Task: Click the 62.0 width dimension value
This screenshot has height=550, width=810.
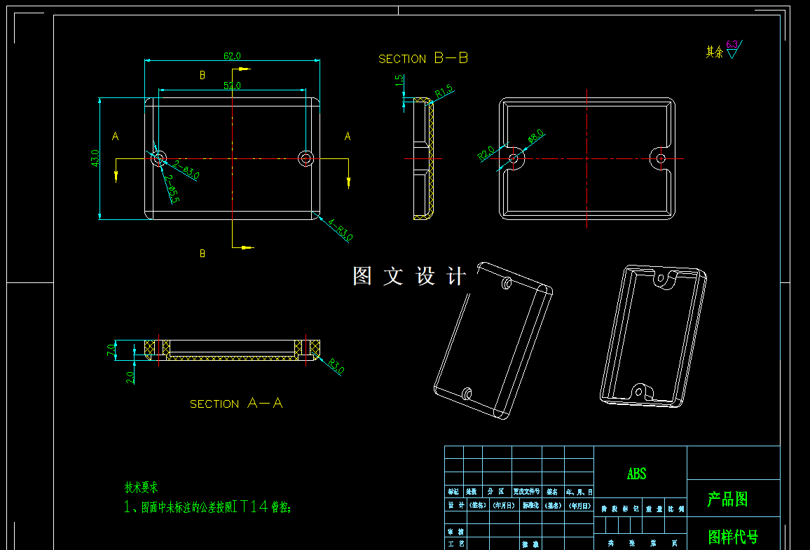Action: tap(232, 55)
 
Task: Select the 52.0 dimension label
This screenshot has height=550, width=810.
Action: tap(232, 85)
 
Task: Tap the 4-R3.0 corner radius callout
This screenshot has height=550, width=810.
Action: tap(340, 229)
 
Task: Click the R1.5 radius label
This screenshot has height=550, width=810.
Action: tap(444, 92)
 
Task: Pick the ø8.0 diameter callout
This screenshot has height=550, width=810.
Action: tap(536, 136)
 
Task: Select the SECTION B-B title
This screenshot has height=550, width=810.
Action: tap(423, 59)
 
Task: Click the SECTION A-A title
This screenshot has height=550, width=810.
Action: tap(236, 404)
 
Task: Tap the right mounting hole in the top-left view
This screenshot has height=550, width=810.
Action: tap(306, 158)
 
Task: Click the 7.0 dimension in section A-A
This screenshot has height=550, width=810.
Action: tap(111, 349)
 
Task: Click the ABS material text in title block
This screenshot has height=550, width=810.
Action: tap(636, 474)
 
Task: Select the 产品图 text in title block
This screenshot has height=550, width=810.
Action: tap(727, 500)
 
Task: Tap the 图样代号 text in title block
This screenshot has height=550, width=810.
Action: tap(733, 537)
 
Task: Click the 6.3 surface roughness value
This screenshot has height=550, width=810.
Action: tap(732, 44)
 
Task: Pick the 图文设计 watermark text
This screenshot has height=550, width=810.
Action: tap(409, 276)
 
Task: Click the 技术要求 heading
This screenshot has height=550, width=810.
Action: tap(142, 488)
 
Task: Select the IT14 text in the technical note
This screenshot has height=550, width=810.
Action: tap(251, 507)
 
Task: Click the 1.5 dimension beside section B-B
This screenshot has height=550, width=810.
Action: tap(399, 81)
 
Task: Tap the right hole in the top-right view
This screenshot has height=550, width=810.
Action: tap(661, 158)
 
